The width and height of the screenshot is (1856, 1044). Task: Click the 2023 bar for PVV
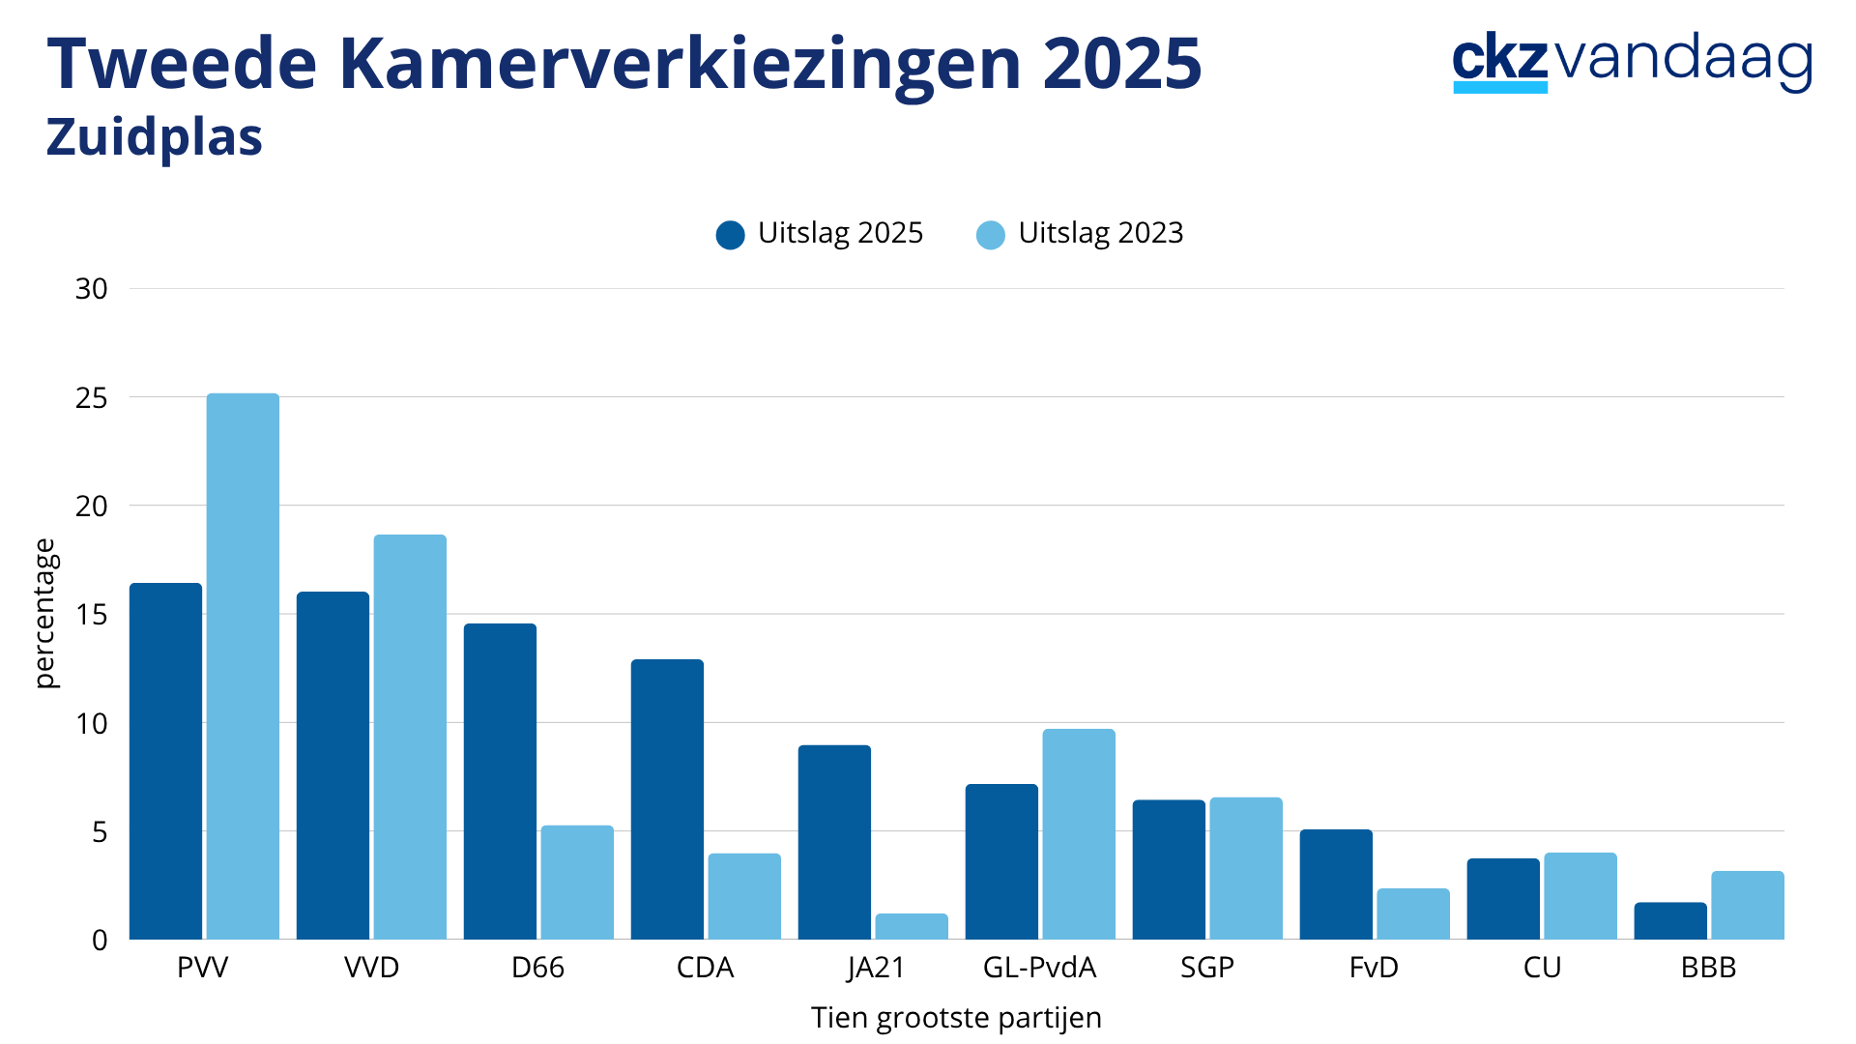click(x=243, y=666)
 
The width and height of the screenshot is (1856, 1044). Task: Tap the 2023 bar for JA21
click(x=912, y=926)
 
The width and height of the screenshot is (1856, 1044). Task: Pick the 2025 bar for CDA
click(x=667, y=799)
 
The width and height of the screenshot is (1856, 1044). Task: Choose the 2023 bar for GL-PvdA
click(x=1079, y=834)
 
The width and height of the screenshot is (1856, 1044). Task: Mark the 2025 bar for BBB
click(x=1670, y=920)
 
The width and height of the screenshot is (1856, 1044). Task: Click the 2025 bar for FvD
click(x=1336, y=884)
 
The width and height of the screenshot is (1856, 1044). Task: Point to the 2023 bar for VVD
click(x=410, y=737)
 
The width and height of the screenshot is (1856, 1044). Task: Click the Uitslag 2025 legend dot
click(x=731, y=235)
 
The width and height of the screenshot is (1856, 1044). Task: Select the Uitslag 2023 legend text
click(x=1101, y=233)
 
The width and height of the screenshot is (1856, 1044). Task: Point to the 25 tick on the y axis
click(x=92, y=397)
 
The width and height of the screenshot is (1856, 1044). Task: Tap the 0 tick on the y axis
click(x=100, y=940)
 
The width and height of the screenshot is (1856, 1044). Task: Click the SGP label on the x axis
click(x=1207, y=968)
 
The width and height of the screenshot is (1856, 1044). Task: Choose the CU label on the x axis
click(x=1542, y=968)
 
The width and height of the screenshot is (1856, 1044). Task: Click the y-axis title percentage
click(x=45, y=614)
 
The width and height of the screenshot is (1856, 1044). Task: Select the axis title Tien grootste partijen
click(x=956, y=1018)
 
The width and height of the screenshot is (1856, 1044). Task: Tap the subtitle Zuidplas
click(x=155, y=137)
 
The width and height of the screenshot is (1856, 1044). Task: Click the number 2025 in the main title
click(x=1122, y=64)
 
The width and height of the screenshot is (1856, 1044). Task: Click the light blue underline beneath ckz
click(x=1500, y=87)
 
